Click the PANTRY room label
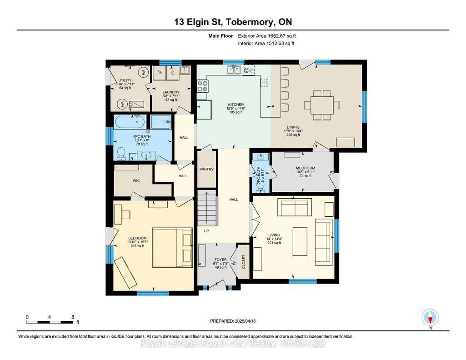(206, 169)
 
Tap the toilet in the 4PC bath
(121, 154)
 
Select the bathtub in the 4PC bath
(130, 122)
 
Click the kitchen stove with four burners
(203, 86)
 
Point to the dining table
(322, 105)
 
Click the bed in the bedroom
(172, 247)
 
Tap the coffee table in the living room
(300, 241)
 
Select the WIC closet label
(136, 180)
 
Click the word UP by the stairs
(206, 231)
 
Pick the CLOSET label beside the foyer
(244, 262)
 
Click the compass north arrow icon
(430, 318)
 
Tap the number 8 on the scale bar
(73, 317)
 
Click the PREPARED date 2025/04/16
(245, 321)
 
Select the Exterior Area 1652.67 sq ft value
(267, 36)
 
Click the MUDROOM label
(306, 168)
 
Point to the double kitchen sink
(234, 70)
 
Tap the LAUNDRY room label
(171, 92)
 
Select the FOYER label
(220, 260)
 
